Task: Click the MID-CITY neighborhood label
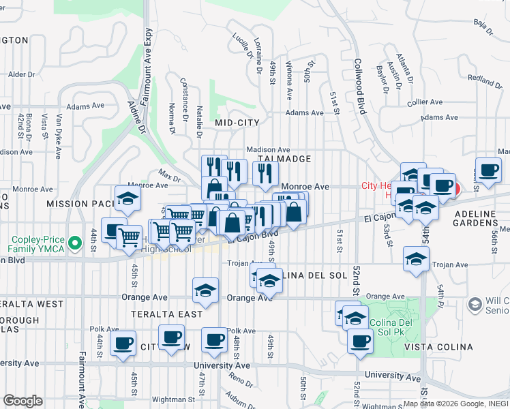(x=237, y=123)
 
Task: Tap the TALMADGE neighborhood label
(x=284, y=159)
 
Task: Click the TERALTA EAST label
(x=167, y=314)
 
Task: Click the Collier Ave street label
(x=425, y=102)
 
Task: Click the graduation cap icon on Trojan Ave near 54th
(x=416, y=258)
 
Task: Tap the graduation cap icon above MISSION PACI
(x=127, y=198)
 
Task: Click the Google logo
(x=23, y=401)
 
